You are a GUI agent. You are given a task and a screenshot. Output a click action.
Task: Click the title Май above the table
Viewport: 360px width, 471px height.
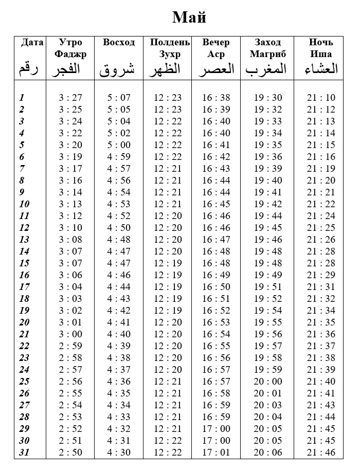(x=189, y=17)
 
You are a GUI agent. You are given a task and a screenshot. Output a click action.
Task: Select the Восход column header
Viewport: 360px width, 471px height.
(x=119, y=42)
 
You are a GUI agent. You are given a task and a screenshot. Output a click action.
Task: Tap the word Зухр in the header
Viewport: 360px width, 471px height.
(x=170, y=54)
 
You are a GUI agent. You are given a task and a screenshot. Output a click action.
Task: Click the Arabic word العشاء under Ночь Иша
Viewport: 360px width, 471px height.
(x=321, y=69)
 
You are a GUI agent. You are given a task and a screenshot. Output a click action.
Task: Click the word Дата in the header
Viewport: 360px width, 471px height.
(x=32, y=42)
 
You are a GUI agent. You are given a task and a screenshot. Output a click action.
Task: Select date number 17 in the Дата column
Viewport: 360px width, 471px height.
(x=24, y=286)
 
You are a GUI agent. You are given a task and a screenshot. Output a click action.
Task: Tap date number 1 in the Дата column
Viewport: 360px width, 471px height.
(x=22, y=98)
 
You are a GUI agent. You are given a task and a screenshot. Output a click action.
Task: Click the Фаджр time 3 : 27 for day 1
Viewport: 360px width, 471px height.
(x=70, y=98)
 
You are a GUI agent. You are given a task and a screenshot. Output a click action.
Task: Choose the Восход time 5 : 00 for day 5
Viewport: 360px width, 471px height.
(x=119, y=145)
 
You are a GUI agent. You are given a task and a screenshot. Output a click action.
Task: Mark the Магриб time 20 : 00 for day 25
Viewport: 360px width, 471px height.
(x=267, y=382)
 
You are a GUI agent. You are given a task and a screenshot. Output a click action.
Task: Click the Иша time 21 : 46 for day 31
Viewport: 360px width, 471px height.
(x=321, y=452)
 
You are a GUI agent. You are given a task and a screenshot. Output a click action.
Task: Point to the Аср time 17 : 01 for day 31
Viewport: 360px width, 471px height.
(x=216, y=452)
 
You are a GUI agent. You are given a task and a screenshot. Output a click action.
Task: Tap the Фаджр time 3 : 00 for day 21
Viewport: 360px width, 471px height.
(x=70, y=334)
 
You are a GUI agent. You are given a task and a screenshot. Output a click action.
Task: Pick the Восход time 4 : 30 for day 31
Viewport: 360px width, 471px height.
(x=119, y=452)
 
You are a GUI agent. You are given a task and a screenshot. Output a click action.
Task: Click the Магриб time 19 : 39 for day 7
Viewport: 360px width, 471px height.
(x=267, y=169)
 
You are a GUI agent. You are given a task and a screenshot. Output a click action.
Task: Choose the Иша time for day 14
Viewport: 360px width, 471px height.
(x=321, y=251)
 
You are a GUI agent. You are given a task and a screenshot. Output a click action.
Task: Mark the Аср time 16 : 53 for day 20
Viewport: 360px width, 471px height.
(x=216, y=322)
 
